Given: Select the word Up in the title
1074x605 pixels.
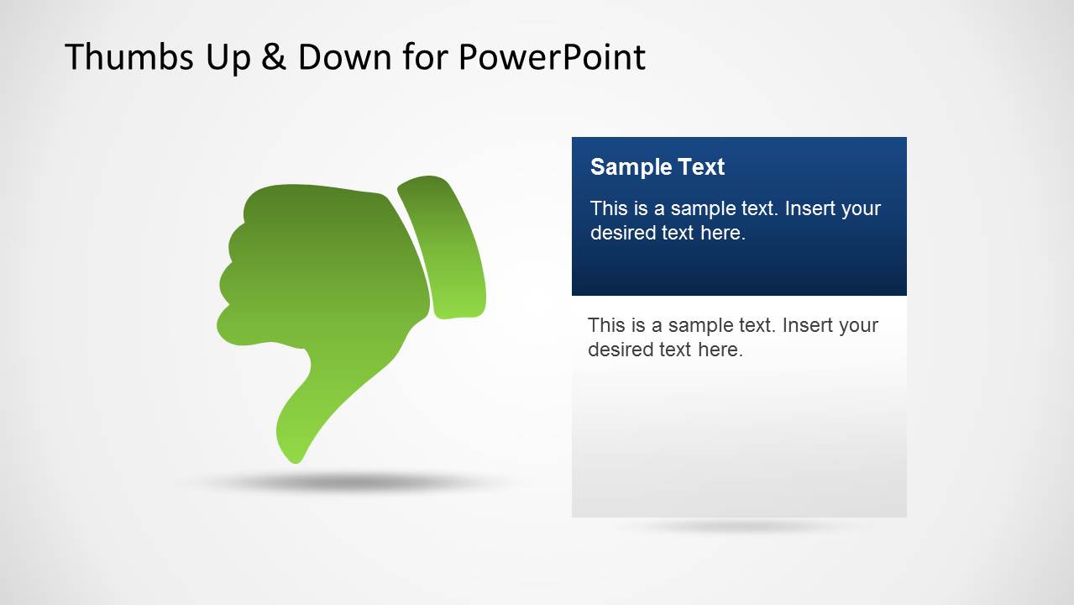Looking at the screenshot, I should pos(218,57).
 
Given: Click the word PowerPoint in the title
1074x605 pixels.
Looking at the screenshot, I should pos(552,57).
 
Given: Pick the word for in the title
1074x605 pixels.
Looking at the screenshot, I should pos(427,57).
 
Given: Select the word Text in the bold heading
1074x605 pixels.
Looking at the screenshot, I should pos(702,167).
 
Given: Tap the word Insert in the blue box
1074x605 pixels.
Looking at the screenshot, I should pos(810,208).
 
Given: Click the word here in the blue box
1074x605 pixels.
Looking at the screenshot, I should pos(723,233).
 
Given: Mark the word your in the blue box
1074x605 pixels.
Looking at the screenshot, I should pos(862,208).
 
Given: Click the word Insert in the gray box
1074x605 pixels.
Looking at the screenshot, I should pos(808,325).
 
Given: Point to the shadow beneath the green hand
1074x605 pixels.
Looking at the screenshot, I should pos(344,483).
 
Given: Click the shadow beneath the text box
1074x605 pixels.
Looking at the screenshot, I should pos(739,527).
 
